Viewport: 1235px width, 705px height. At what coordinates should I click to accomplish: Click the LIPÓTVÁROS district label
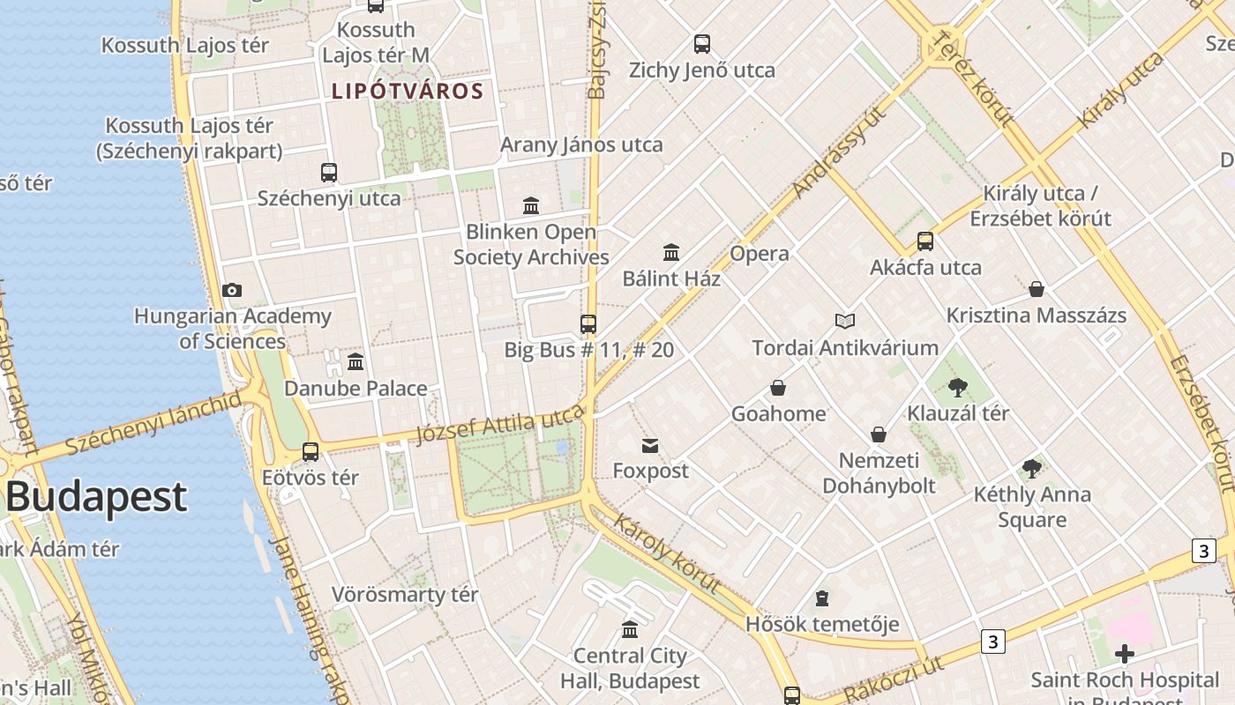tap(408, 91)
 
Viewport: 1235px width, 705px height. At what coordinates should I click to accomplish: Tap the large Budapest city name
tap(96, 497)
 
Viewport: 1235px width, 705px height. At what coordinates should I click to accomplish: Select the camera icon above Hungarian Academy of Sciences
tap(232, 290)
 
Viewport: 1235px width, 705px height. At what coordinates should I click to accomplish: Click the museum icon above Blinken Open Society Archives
tap(531, 205)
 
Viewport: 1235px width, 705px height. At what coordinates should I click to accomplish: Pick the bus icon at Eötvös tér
tap(311, 451)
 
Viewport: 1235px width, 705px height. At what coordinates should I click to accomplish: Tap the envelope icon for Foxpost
tap(650, 445)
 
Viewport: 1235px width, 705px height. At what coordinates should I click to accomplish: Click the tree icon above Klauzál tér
tap(957, 387)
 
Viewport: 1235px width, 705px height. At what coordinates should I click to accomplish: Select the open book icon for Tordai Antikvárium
tap(845, 321)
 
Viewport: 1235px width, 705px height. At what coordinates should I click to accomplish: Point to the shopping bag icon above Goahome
tap(778, 388)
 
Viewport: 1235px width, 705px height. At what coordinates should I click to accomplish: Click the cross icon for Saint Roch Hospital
tap(1124, 654)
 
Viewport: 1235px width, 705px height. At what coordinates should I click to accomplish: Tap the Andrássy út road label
tap(837, 155)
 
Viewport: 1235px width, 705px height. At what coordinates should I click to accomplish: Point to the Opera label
tap(760, 254)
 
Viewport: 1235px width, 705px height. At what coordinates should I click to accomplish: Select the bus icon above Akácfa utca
tap(925, 241)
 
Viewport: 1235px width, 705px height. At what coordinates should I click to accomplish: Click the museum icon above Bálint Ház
tap(671, 253)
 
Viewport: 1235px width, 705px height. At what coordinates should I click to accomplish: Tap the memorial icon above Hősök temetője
tap(822, 599)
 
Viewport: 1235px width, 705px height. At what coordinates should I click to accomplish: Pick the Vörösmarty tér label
tap(405, 595)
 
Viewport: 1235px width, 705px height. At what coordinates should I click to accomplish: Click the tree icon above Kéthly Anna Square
tap(1031, 469)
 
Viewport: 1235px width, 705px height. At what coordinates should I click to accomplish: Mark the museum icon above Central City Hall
tap(630, 630)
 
